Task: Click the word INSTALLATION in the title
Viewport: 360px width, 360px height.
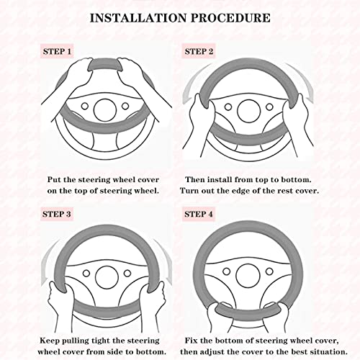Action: (x=138, y=18)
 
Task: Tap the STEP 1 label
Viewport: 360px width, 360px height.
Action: (x=57, y=51)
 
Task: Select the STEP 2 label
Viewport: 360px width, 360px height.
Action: (x=199, y=51)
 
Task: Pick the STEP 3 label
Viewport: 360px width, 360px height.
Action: (x=57, y=214)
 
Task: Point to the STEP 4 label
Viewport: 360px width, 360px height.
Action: (x=199, y=214)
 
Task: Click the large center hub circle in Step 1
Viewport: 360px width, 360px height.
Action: (x=105, y=110)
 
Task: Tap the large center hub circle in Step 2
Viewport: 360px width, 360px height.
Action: (x=248, y=111)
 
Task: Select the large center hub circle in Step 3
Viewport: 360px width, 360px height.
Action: (x=107, y=277)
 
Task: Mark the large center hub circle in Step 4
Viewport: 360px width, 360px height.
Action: (x=248, y=276)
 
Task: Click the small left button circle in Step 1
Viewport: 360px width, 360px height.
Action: (x=85, y=106)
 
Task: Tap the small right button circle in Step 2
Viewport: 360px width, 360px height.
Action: (x=269, y=107)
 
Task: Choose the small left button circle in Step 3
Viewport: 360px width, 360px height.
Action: (x=86, y=274)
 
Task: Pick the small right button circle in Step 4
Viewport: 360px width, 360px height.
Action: (x=269, y=271)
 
